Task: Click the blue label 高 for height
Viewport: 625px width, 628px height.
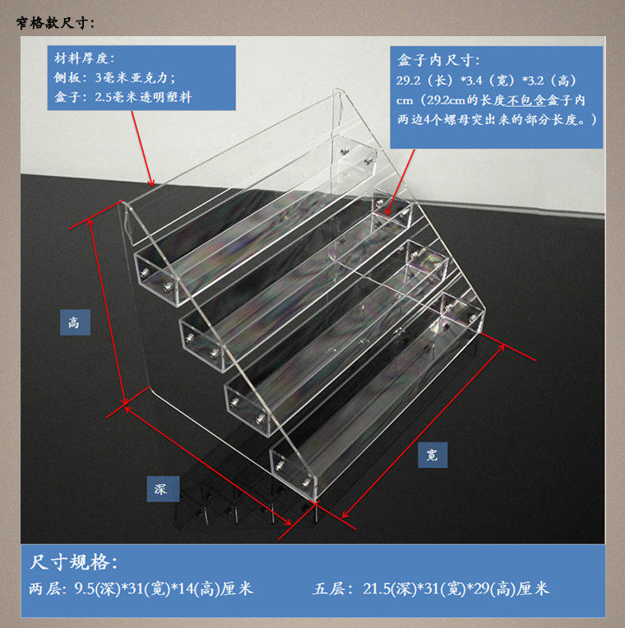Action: pyautogui.click(x=75, y=322)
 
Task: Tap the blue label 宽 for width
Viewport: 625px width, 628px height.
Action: pyautogui.click(x=433, y=455)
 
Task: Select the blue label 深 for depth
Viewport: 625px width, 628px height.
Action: pyautogui.click(x=163, y=488)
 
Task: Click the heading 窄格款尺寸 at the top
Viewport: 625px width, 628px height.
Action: pyautogui.click(x=55, y=23)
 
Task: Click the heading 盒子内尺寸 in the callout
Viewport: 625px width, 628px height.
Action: pyautogui.click(x=437, y=61)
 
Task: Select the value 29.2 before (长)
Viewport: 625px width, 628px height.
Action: pyautogui.click(x=408, y=81)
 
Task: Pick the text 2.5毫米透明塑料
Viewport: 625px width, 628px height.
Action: pyautogui.click(x=143, y=97)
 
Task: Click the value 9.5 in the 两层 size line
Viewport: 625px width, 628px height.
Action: pyautogui.click(x=84, y=589)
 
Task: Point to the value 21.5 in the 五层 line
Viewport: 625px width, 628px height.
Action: pyautogui.click(x=376, y=589)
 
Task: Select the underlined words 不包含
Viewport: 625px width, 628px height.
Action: pyautogui.click(x=526, y=100)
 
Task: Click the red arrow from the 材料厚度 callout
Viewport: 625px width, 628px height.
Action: pyautogui.click(x=142, y=149)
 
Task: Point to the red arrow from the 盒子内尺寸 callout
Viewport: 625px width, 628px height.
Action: pyautogui.click(x=400, y=182)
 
